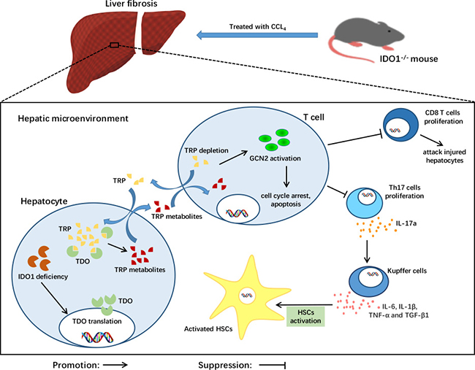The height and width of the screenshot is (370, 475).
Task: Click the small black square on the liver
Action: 114,45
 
